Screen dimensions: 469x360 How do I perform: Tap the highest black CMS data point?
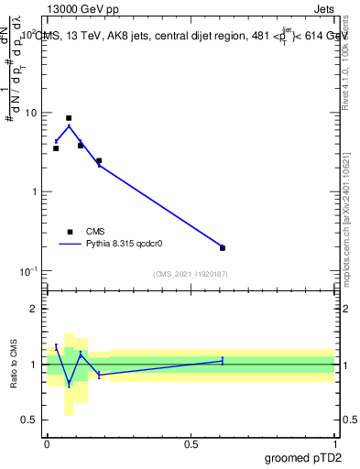point(69,118)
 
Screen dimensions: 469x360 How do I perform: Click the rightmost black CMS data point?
point(223,247)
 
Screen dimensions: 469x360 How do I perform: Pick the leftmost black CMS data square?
point(56,147)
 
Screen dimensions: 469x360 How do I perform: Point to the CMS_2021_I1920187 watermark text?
point(190,274)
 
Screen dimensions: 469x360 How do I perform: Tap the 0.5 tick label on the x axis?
point(191,442)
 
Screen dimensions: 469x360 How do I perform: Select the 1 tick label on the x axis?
point(334,442)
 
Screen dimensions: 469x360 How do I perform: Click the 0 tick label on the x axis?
point(47,442)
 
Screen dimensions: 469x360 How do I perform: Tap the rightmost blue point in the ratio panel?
point(223,361)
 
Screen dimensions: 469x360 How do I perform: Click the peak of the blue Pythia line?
point(69,125)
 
